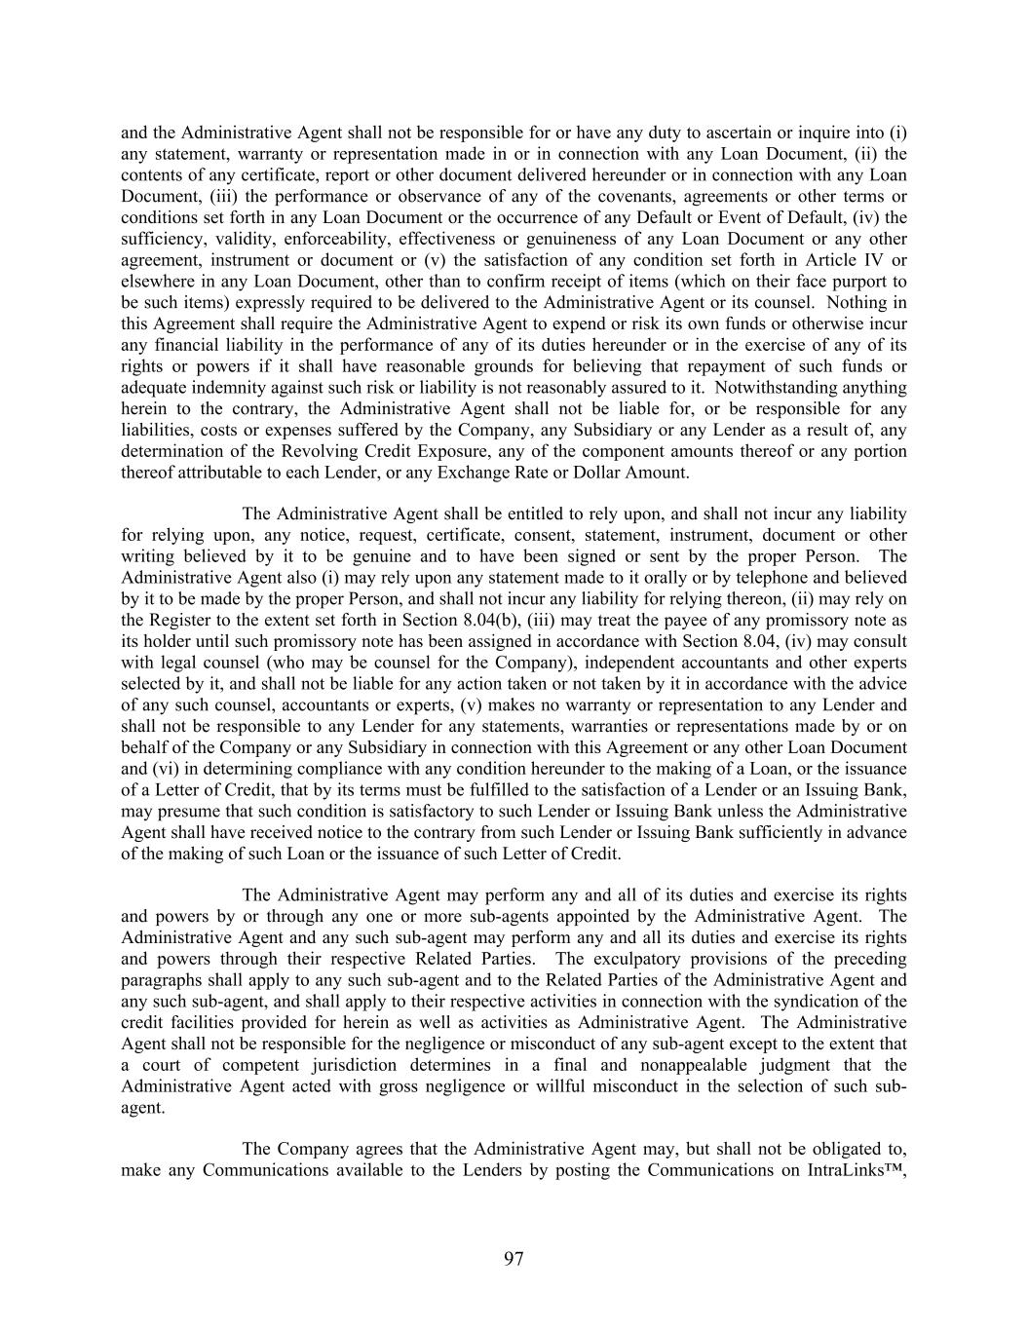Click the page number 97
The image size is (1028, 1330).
pyautogui.click(x=514, y=1259)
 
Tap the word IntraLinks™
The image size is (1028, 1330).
pyautogui.click(x=857, y=1170)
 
